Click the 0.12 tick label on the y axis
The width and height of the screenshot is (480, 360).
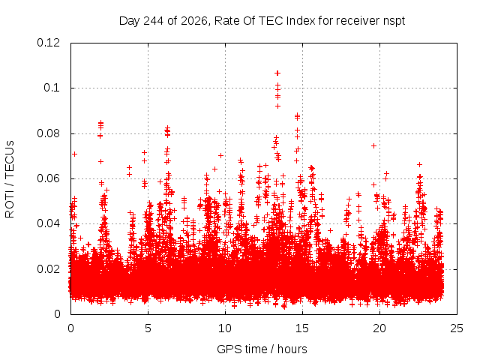(48, 43)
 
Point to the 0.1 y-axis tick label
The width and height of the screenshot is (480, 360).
(52, 88)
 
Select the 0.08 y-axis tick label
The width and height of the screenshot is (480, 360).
(48, 133)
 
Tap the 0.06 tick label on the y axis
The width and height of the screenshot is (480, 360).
(48, 178)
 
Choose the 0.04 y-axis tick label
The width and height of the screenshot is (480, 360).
(48, 223)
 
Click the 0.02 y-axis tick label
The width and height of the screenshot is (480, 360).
(48, 269)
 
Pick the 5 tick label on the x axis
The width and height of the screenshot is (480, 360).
(148, 328)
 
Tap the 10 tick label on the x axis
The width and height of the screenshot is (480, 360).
(225, 328)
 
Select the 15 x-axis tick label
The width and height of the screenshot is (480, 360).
(302, 328)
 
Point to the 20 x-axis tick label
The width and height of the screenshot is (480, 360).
(379, 328)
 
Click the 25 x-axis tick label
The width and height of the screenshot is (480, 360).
(457, 328)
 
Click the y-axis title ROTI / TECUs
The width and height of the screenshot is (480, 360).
(10, 179)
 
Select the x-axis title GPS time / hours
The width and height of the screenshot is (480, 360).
(262, 349)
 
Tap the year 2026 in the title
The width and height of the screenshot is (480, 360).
(194, 21)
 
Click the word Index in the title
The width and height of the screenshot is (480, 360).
(301, 21)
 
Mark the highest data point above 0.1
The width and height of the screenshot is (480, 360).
(277, 73)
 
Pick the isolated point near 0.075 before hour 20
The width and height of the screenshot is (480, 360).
(373, 145)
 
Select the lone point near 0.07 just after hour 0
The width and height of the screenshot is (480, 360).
(74, 154)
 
